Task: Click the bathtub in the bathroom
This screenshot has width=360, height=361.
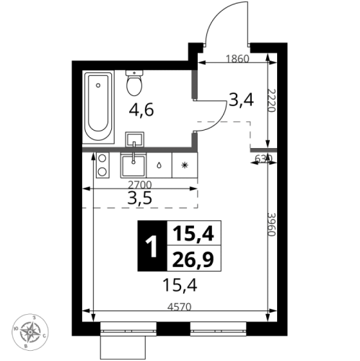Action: (100, 107)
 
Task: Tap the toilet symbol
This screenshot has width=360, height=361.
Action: (133, 84)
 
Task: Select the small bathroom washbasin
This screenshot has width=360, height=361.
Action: (135, 139)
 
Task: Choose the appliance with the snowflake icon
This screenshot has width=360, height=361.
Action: (184, 165)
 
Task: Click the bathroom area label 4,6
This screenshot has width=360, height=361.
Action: (141, 111)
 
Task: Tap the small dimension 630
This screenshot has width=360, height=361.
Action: (263, 158)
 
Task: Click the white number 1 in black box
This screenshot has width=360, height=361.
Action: (151, 246)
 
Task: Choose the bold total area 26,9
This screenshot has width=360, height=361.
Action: (193, 258)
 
